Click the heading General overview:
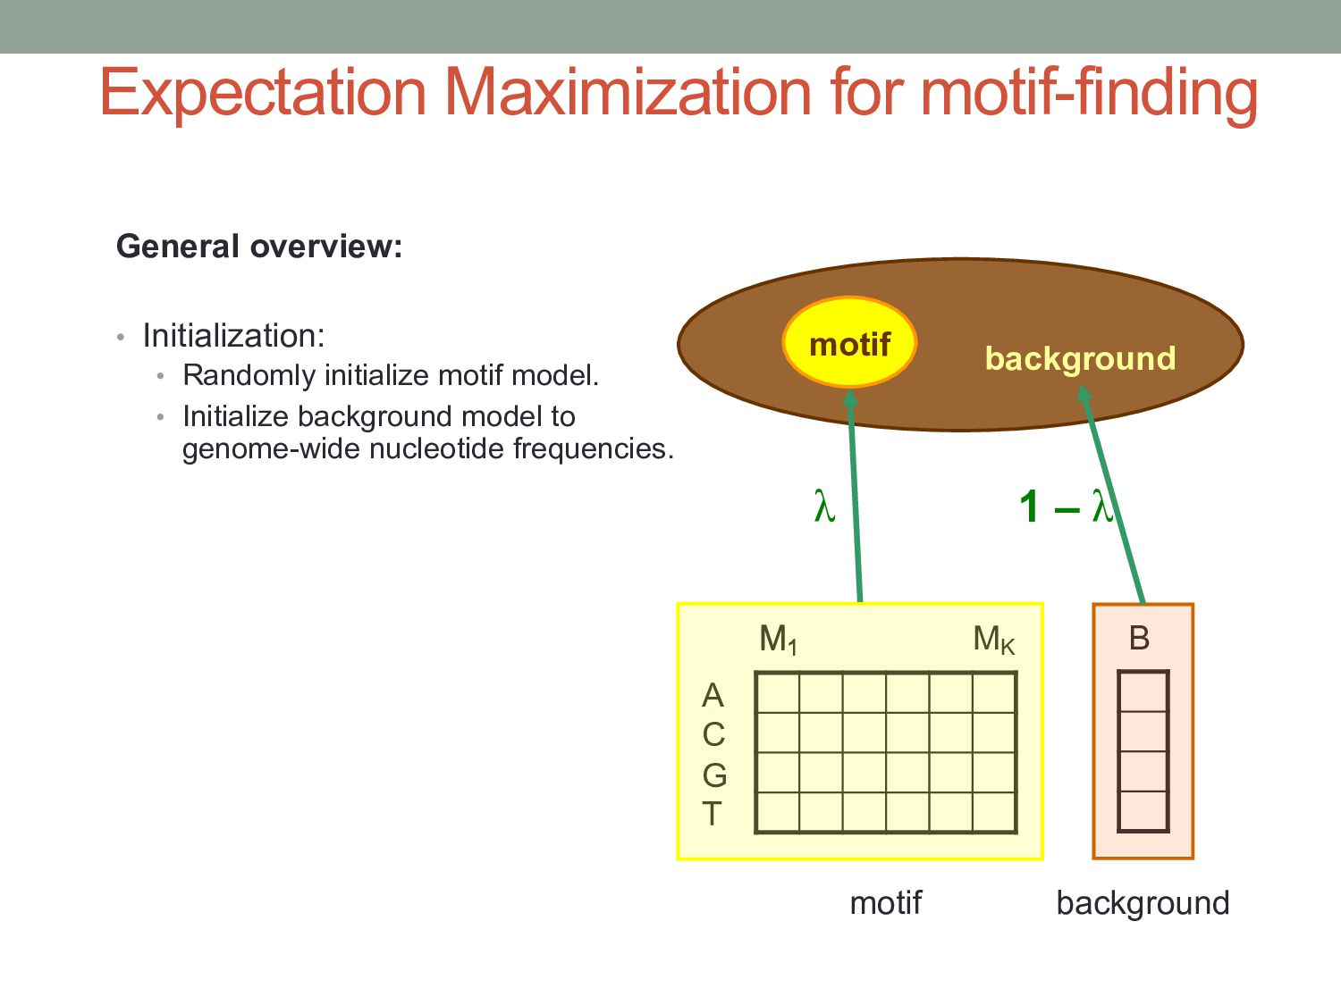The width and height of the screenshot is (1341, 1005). click(x=259, y=247)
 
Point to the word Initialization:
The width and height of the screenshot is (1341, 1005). click(x=233, y=336)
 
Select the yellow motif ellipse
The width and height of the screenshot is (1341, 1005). click(x=849, y=343)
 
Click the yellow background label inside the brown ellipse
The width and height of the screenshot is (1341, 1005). click(x=1080, y=358)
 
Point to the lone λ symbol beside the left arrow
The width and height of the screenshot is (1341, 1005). click(x=824, y=507)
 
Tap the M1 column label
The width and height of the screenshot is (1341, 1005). click(x=778, y=640)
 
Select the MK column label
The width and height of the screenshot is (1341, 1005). click(x=993, y=640)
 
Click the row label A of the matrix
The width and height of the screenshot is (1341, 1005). click(x=713, y=695)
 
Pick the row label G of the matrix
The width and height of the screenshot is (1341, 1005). click(x=714, y=775)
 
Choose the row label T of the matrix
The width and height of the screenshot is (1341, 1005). click(x=712, y=814)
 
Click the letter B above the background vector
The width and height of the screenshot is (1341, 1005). click(x=1139, y=638)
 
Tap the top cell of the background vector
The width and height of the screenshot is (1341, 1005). click(x=1143, y=691)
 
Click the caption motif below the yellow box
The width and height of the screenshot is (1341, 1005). click(x=885, y=903)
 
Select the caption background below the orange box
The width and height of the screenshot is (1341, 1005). click(x=1143, y=904)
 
